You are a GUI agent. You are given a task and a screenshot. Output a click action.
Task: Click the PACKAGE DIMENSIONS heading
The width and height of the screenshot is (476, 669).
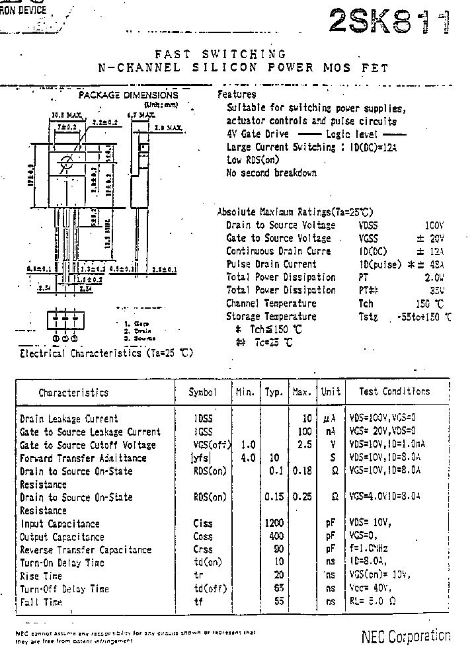[128, 95]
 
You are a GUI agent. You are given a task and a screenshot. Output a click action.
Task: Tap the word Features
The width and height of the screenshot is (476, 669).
[236, 95]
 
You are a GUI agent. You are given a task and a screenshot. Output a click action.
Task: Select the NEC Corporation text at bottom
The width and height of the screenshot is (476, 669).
[406, 636]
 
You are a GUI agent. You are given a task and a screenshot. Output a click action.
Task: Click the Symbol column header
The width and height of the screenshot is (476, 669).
[202, 392]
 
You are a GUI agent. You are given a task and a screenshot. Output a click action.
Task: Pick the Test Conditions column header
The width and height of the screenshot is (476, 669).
[394, 391]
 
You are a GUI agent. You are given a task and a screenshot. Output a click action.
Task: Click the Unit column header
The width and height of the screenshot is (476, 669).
[331, 392]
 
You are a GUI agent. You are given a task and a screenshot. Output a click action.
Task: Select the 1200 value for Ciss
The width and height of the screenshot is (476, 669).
[274, 524]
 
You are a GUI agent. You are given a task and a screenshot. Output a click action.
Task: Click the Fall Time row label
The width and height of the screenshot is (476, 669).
[41, 602]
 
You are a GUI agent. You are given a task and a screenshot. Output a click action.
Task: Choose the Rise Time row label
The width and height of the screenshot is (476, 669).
[41, 576]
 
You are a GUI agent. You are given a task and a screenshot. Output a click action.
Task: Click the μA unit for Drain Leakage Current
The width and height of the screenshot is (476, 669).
[331, 419]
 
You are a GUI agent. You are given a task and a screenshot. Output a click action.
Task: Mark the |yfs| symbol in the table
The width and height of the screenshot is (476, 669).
[203, 458]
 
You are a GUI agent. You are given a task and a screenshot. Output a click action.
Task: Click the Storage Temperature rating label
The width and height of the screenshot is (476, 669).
[271, 317]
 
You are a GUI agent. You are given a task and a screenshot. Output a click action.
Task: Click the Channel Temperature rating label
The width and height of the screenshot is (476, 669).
[271, 303]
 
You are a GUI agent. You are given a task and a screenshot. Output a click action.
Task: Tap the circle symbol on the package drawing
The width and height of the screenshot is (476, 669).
[65, 163]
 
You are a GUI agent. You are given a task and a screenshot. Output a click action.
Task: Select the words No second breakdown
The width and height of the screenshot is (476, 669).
[271, 173]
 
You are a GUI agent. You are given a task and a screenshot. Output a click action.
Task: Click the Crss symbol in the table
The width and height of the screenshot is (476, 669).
[203, 550]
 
